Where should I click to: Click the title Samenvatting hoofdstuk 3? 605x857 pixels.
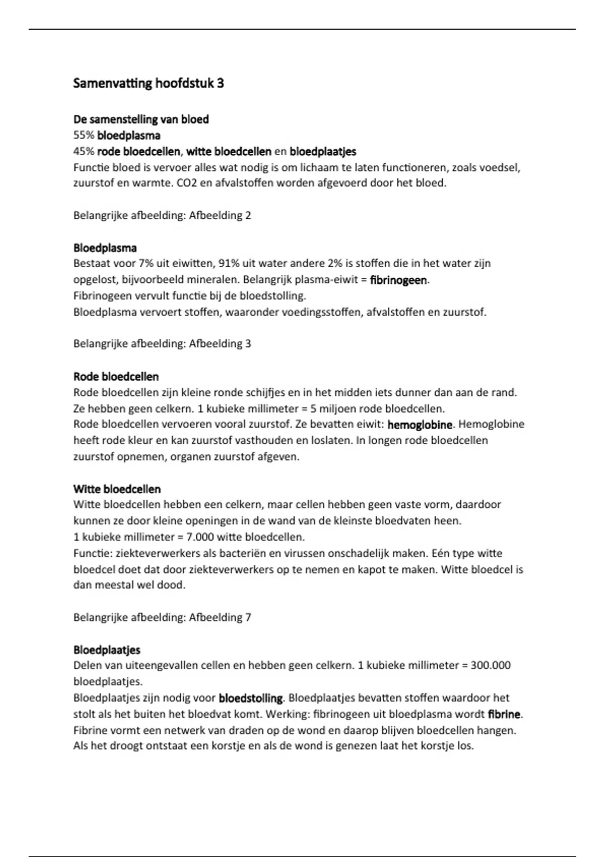click(x=149, y=83)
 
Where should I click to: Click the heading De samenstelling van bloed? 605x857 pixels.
click(x=141, y=119)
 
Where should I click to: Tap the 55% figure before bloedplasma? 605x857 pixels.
click(x=84, y=136)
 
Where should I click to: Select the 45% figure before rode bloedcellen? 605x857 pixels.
click(x=84, y=151)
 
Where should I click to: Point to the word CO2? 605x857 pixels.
click(x=187, y=183)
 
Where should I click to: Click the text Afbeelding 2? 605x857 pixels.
click(x=220, y=216)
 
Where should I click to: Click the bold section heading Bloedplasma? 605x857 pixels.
click(x=105, y=248)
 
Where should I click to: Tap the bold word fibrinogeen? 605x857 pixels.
click(x=398, y=280)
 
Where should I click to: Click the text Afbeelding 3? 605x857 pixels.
click(x=220, y=344)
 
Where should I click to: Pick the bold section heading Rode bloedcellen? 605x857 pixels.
click(x=116, y=377)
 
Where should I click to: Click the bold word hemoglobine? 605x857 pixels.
click(x=420, y=425)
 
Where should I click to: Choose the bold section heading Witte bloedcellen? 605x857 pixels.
click(x=117, y=489)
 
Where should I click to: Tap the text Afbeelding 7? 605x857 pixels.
click(x=220, y=618)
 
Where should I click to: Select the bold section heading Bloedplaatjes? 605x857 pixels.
click(x=107, y=650)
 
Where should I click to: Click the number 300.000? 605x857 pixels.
click(x=490, y=665)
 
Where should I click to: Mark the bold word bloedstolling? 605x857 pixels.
click(x=251, y=698)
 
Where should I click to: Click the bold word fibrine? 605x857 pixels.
click(x=504, y=714)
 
